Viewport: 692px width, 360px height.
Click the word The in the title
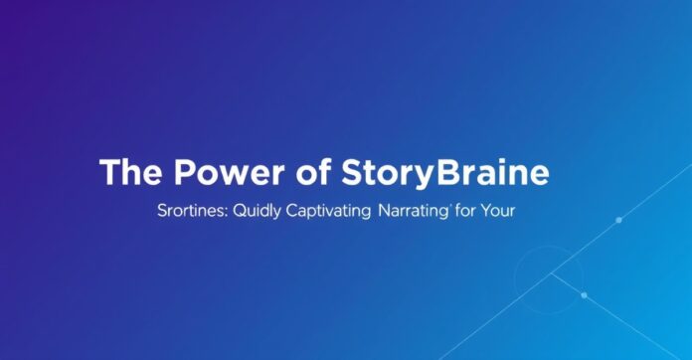click(130, 172)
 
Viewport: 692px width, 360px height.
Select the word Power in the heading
click(230, 172)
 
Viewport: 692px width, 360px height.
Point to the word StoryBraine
click(445, 173)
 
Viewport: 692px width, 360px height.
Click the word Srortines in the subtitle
click(193, 211)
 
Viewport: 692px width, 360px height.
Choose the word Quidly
click(257, 211)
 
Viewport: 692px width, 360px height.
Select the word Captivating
click(328, 211)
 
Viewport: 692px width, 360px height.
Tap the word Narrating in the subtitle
click(413, 211)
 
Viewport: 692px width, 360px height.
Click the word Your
click(498, 211)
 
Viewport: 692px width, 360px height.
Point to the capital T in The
click(110, 172)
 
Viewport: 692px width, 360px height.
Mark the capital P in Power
click(185, 172)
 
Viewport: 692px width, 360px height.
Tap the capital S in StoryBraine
click(353, 172)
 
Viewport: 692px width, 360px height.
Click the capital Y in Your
click(486, 211)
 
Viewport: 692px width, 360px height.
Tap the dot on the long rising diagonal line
click(618, 220)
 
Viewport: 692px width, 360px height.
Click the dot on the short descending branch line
click(585, 295)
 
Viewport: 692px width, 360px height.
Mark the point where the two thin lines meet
click(551, 273)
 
